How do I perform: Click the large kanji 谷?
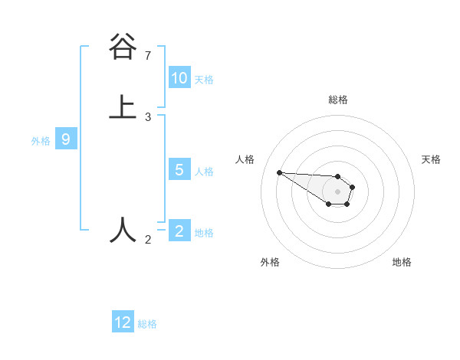point(123,48)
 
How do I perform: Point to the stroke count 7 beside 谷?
point(148,56)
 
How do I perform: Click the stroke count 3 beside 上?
point(148,117)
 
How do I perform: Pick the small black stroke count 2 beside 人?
point(148,240)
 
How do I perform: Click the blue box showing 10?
point(179,78)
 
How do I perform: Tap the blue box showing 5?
point(179,170)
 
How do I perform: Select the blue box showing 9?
point(66,139)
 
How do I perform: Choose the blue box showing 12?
point(123,322)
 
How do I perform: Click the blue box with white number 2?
point(179,231)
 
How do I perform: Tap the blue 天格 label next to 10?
point(203,80)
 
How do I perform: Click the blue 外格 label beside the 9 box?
point(41,141)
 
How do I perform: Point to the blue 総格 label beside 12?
point(147,324)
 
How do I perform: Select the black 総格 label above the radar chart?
point(338,100)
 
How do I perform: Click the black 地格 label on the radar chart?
point(402,262)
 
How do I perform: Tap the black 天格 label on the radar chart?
point(431,159)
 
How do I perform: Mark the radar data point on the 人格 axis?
point(279,172)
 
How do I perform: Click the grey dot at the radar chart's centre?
point(337,191)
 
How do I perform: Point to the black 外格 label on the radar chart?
point(270,262)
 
